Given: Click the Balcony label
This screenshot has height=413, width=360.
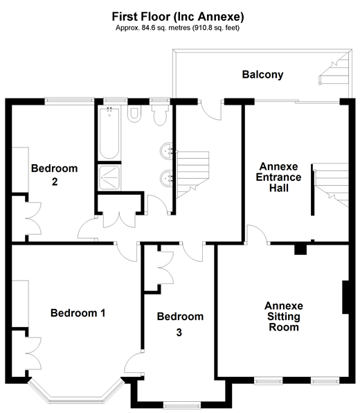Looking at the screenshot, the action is tap(262, 75).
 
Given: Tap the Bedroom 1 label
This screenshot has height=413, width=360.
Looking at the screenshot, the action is tap(78, 313).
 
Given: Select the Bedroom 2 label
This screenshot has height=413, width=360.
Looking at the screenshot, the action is tap(55, 175).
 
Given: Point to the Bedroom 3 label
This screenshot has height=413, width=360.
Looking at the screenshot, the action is tap(180, 324).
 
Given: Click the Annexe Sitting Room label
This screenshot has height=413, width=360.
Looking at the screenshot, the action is tap(284, 317).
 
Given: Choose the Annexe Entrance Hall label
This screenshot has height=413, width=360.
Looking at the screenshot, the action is tap(279, 177).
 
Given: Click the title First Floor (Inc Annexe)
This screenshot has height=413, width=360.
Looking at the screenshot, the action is tap(178, 17).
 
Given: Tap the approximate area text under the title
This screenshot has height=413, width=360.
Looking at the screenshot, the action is tap(178, 28).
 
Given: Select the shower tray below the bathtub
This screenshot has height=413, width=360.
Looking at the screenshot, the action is tap(110, 177).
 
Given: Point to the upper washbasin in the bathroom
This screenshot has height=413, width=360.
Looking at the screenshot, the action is tap(166, 151).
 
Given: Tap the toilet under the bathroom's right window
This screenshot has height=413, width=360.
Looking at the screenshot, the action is tap(160, 115).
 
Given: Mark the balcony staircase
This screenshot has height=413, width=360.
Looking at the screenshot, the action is tap(335, 68).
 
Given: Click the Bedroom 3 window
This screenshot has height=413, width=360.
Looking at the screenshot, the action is tap(182, 405).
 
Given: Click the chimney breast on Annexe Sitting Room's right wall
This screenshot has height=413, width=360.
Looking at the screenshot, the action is tap(345, 297).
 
